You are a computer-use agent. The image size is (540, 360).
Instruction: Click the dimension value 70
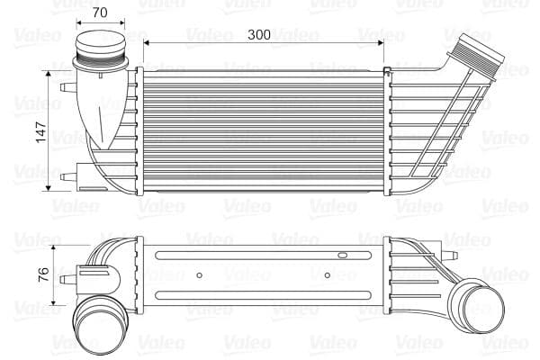(100, 13)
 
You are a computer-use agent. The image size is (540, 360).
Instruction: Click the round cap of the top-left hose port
(101, 44)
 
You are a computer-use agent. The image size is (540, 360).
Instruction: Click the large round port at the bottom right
(472, 300)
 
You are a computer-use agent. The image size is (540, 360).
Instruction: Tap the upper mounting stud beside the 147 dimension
(67, 86)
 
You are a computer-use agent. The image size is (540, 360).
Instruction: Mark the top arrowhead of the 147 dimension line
(47, 73)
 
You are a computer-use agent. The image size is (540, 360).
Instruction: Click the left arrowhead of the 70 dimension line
(76, 22)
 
